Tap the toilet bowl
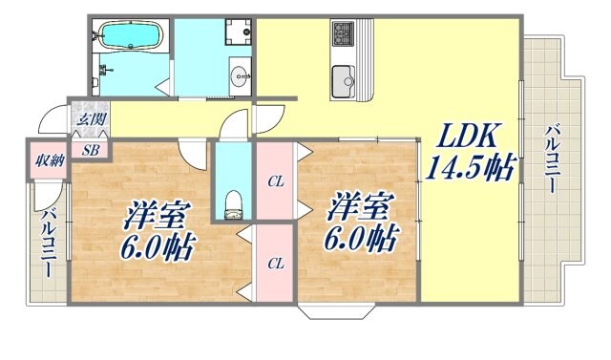[x=231, y=203]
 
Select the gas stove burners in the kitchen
[x=343, y=35]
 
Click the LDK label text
[x=469, y=135]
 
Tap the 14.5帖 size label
[x=472, y=168]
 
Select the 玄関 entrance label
[x=91, y=120]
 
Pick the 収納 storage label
[x=46, y=159]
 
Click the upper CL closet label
[x=275, y=180]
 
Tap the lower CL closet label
[x=275, y=263]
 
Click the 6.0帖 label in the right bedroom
[x=364, y=235]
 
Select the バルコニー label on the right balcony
[x=553, y=158]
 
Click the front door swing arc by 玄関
[x=46, y=121]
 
